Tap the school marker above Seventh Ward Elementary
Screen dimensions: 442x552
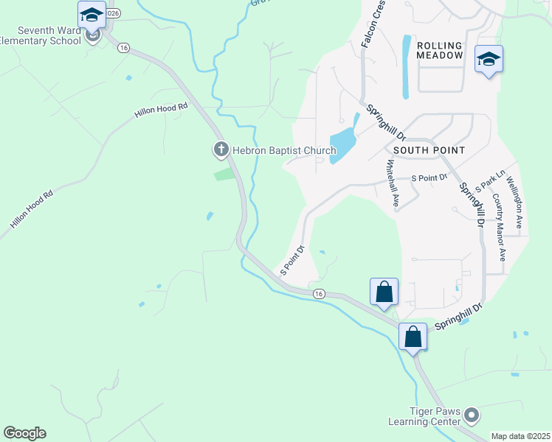coord(92,15)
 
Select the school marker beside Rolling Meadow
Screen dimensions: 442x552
coord(489,59)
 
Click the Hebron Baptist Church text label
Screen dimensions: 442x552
coord(284,150)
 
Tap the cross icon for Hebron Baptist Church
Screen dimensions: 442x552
coord(221,150)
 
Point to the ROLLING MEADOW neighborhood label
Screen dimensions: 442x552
coord(440,50)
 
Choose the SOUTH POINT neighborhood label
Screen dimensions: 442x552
coord(429,150)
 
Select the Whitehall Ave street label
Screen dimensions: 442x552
coord(393,185)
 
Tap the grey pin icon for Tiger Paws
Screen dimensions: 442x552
coord(473,416)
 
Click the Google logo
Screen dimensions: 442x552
coord(24,433)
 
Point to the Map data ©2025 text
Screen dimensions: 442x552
coord(520,436)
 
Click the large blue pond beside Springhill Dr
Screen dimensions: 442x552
coord(342,143)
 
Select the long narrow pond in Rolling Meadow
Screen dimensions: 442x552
coord(405,67)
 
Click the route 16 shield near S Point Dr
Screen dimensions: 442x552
coord(318,294)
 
